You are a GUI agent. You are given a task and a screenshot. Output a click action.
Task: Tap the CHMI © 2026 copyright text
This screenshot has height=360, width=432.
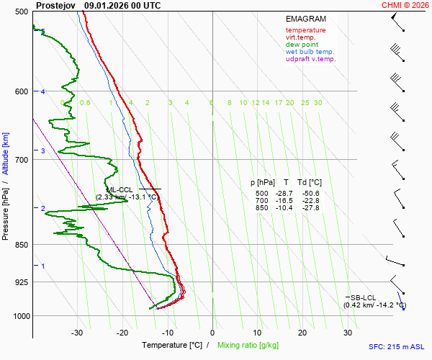(406, 5)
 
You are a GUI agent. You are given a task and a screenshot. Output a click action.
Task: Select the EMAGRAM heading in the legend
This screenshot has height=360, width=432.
(305, 18)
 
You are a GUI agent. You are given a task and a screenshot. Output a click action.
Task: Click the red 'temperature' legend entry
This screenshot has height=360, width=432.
(305, 30)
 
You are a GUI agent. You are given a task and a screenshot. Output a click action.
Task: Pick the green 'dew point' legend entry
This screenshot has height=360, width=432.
(302, 45)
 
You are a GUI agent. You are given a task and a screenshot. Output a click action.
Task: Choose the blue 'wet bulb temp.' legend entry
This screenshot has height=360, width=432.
(310, 52)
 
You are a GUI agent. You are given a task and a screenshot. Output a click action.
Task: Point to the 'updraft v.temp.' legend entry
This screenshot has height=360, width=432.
(310, 59)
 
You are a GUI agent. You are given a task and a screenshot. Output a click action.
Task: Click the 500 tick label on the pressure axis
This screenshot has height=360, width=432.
(21, 12)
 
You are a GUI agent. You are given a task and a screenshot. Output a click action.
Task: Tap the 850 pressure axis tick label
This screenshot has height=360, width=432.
(21, 246)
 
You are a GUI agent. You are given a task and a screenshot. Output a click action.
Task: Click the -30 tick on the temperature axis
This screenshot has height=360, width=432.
(77, 333)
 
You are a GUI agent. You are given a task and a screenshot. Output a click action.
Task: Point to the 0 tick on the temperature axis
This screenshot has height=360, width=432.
(212, 333)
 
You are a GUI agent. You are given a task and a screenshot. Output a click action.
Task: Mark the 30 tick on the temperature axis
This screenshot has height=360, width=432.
(348, 333)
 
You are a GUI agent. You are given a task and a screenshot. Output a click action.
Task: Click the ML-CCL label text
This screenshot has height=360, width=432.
(119, 189)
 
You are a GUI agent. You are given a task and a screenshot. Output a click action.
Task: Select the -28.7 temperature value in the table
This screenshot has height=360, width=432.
(286, 194)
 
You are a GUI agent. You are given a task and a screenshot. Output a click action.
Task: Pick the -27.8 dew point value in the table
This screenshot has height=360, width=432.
(311, 208)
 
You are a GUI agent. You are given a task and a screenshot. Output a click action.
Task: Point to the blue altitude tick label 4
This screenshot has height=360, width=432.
(43, 92)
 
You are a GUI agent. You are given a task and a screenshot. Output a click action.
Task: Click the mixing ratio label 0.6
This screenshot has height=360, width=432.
(85, 103)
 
